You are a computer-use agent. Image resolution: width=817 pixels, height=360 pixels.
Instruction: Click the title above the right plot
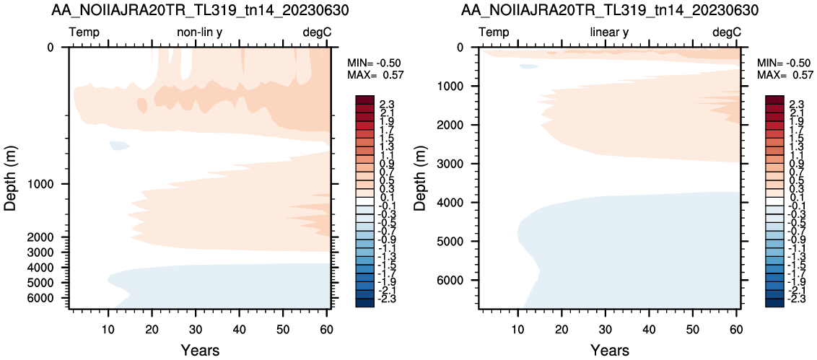point(609,10)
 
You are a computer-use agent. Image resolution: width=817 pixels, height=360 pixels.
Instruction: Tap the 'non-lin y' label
point(201,32)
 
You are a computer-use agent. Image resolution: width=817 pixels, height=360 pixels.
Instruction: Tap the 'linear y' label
point(609,32)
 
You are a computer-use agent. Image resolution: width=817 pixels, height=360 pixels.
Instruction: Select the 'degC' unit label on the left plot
point(318,32)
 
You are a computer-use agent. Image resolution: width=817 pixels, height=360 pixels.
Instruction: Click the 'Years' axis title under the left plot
point(200,350)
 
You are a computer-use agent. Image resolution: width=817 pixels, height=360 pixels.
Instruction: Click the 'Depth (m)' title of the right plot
point(419,178)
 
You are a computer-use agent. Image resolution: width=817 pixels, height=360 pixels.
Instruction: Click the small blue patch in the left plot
point(119,145)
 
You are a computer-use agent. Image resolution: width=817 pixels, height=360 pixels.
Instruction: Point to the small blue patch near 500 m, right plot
point(529,66)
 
